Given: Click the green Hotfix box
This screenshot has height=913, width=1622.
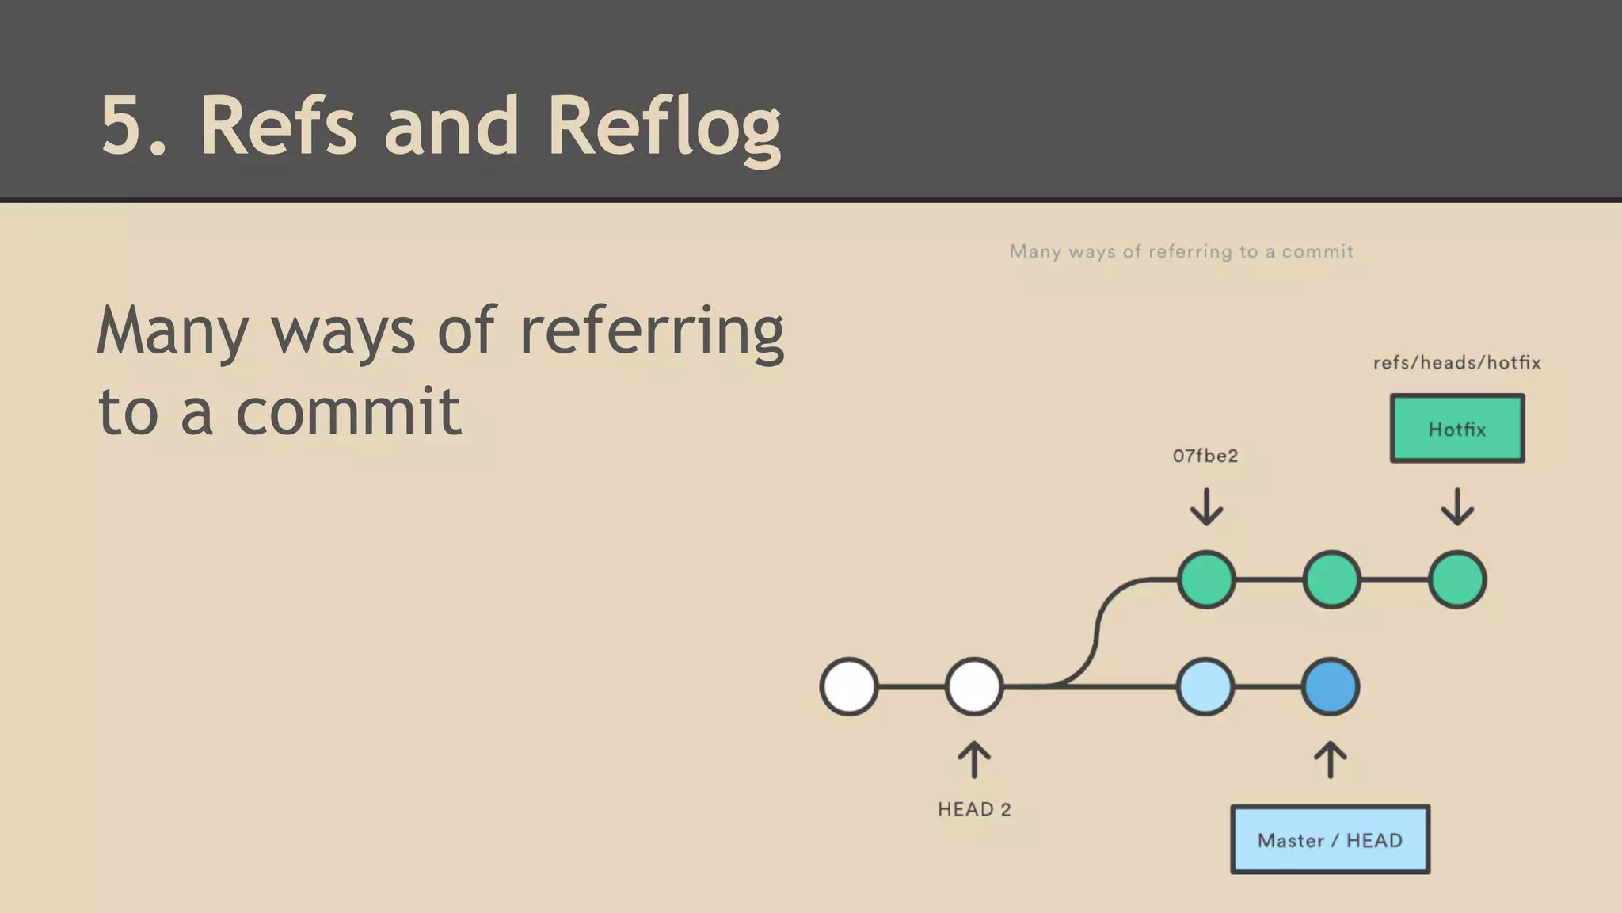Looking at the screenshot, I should [x=1456, y=429].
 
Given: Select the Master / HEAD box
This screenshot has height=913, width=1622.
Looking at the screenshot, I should [x=1330, y=840].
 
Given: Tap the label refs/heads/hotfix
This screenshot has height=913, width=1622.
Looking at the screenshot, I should [x=1456, y=363].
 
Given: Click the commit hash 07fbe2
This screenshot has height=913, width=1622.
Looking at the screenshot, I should [x=1205, y=456].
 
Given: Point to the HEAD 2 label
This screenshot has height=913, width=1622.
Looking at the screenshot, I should [x=974, y=809].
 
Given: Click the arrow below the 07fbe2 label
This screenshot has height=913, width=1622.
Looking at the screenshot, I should [x=1206, y=507].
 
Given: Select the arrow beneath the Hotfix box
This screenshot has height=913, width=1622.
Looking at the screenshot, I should [x=1457, y=507].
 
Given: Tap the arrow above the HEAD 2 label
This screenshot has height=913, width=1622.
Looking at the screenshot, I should [x=974, y=759].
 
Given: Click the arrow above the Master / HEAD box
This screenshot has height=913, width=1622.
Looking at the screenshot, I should [x=1331, y=759].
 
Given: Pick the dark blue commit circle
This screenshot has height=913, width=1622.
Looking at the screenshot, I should [x=1331, y=686].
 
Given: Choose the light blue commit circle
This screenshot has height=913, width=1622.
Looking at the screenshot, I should [x=1205, y=686].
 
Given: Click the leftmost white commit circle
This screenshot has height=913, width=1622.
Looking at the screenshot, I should [x=849, y=686].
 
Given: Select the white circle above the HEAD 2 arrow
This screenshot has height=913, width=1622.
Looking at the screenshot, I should [x=974, y=686].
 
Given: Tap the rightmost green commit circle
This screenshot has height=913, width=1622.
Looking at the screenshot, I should [x=1457, y=580].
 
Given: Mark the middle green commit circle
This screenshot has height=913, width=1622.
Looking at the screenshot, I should [x=1331, y=580].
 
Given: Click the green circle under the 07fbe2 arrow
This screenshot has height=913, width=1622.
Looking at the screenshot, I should [x=1206, y=580].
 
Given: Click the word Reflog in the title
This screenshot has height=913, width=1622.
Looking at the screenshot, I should [x=664, y=127].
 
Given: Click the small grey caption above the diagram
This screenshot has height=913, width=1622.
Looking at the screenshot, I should [x=1181, y=251].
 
